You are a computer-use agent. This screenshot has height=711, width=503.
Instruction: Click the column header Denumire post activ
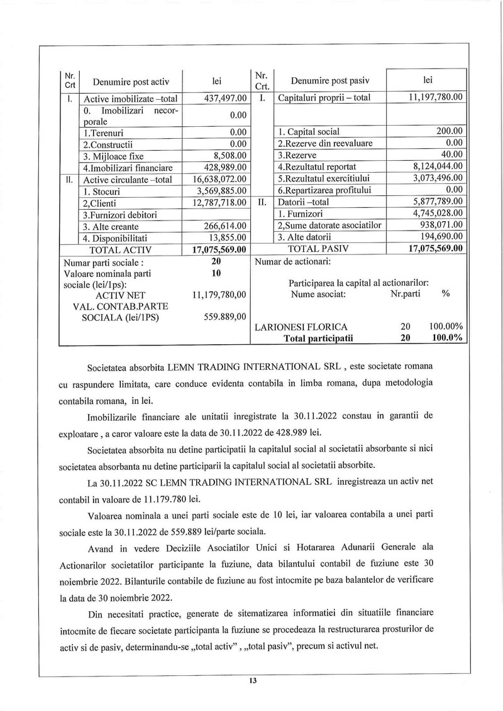point(131,82)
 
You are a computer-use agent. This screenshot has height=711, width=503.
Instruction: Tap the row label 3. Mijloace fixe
point(110,155)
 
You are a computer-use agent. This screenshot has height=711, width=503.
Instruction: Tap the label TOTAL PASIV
point(318,249)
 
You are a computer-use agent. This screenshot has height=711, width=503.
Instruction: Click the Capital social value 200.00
point(450,131)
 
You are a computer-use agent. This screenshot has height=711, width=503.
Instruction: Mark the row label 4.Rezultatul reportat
point(317,166)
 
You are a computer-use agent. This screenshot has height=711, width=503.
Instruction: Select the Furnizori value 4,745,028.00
point(434,214)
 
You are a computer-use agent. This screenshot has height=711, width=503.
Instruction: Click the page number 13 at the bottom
point(252,681)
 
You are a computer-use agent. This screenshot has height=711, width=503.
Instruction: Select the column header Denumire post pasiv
point(330,81)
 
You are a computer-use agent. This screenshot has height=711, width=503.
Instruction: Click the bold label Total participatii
point(319,338)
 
